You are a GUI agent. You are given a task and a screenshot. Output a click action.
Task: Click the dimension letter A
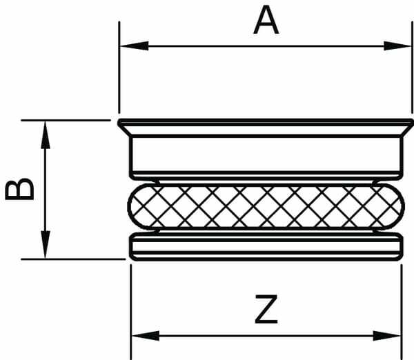pos(266,21)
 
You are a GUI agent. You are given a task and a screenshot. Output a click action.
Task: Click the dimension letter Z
pos(266,310)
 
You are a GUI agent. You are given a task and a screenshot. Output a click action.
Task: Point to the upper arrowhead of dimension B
pos(46,130)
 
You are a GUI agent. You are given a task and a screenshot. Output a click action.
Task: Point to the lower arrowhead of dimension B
pos(46,249)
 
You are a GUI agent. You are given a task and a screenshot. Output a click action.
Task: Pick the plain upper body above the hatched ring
pos(266,156)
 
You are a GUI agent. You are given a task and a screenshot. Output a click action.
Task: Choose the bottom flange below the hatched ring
pos(266,247)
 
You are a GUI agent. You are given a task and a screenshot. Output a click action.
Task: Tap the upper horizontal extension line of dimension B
pos(69,120)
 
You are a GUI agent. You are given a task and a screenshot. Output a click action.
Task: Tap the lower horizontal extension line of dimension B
pos(76,259)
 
